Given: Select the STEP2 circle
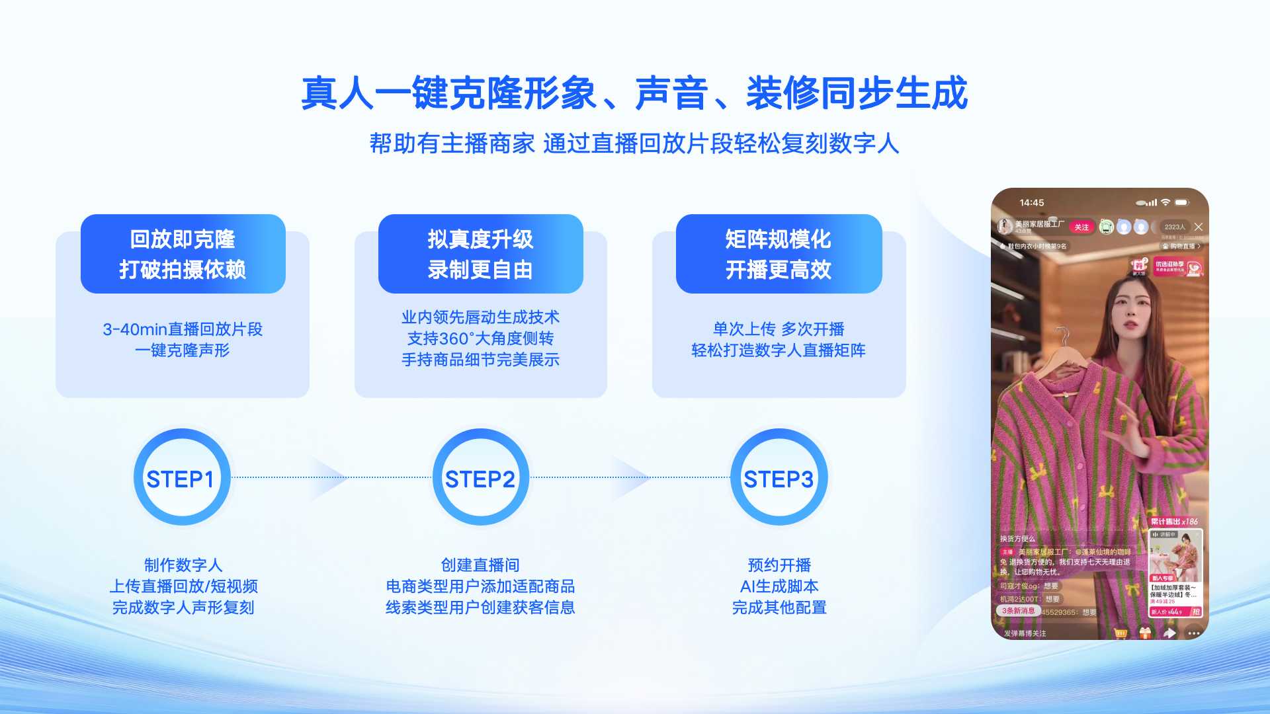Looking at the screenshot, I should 480,478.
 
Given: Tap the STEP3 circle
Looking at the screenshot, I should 779,478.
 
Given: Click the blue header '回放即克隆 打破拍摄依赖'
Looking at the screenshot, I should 183,254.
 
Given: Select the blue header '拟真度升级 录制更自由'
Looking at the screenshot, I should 480,254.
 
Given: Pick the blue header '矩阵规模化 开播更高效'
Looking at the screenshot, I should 779,254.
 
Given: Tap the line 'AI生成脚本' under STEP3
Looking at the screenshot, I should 779,586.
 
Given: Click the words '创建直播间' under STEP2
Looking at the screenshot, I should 480,565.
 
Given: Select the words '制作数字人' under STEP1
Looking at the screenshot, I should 183,565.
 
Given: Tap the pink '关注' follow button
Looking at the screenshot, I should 1081,227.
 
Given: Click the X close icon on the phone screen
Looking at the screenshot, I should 1198,227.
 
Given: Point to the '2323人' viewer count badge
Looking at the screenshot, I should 1175,227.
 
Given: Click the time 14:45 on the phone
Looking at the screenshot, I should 1031,203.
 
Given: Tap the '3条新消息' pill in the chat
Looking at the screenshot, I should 1018,611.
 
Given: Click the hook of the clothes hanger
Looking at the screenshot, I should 1062,336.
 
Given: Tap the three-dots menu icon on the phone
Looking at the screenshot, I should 1193,633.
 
